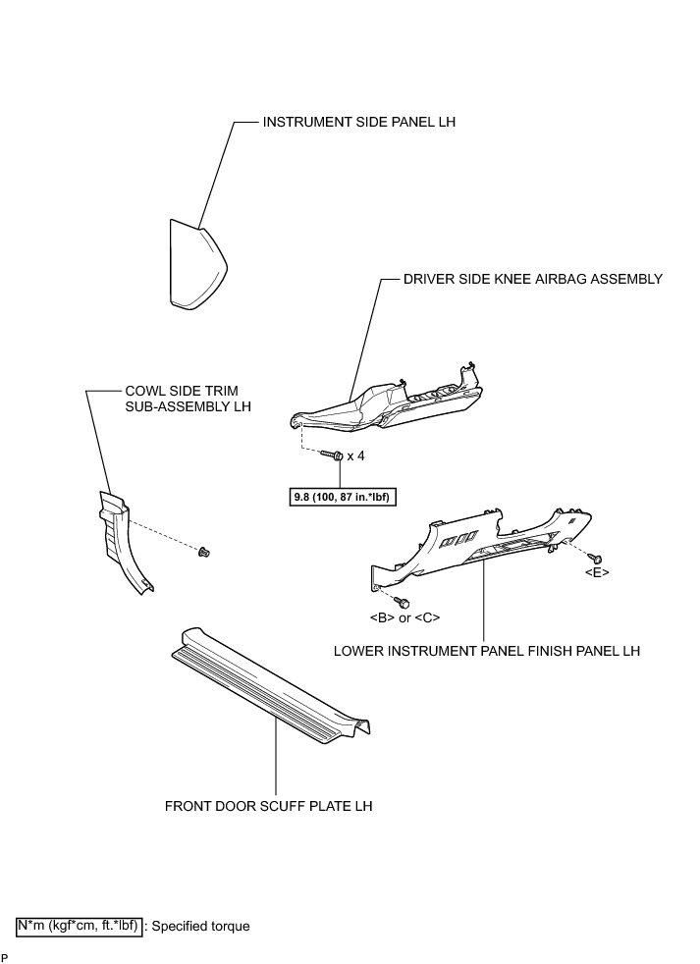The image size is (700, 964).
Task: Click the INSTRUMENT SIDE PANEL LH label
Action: [x=359, y=123]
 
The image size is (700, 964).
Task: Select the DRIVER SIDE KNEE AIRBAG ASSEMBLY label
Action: [x=533, y=279]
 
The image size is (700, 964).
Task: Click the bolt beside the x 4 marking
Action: [x=331, y=455]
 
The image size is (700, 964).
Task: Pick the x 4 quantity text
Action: [x=356, y=456]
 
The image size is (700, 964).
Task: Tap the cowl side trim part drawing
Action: [x=122, y=540]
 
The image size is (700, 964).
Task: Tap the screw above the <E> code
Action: [x=593, y=557]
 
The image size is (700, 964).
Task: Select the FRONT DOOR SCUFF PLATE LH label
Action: [x=269, y=807]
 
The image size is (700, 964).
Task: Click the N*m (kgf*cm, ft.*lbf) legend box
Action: [x=79, y=925]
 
